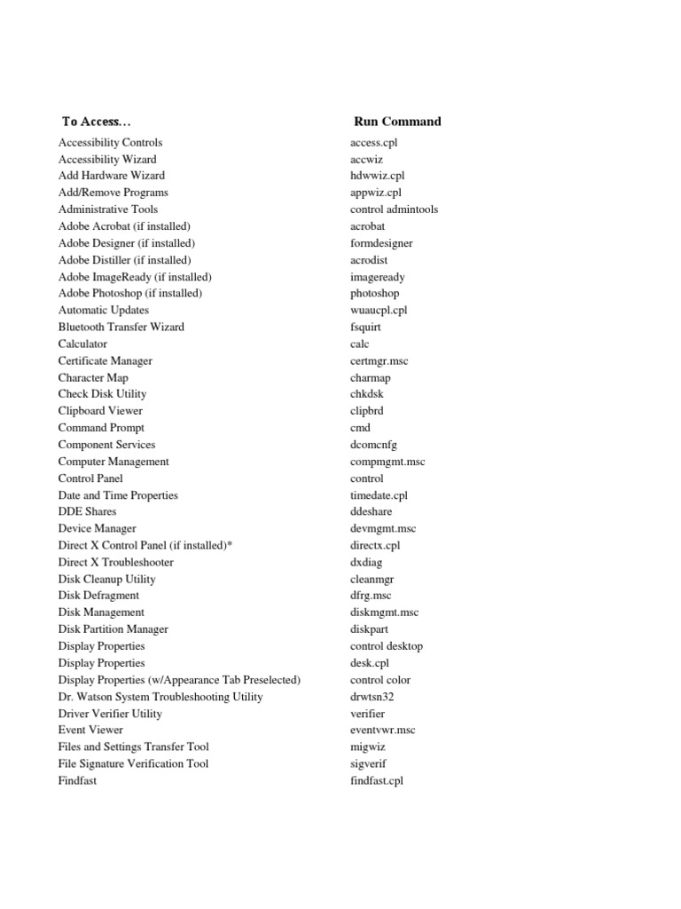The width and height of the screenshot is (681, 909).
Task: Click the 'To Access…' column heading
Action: (x=102, y=122)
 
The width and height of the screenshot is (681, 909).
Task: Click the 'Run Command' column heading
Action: (x=397, y=122)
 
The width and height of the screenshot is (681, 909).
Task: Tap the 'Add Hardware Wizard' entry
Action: (x=112, y=176)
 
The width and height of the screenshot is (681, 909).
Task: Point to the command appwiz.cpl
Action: (x=376, y=193)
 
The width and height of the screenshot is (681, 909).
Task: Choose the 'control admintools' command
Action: (x=394, y=209)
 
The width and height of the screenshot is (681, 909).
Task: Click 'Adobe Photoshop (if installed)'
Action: (x=130, y=293)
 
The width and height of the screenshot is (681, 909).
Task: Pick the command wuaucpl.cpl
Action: (x=379, y=310)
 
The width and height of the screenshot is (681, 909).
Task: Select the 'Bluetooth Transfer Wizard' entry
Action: (x=121, y=327)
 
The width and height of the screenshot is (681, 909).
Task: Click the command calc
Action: (x=360, y=344)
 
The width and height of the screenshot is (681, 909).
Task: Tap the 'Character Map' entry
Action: (x=93, y=377)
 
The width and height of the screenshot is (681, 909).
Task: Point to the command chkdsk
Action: (x=367, y=394)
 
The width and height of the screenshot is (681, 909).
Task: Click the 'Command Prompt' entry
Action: (x=101, y=428)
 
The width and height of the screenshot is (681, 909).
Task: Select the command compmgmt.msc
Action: (x=387, y=462)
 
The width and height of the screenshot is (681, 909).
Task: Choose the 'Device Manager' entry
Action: (x=98, y=528)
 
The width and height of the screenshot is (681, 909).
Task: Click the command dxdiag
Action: (x=366, y=562)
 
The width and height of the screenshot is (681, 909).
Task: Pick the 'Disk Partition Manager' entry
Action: (x=113, y=629)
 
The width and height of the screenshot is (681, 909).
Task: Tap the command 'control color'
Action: (x=380, y=680)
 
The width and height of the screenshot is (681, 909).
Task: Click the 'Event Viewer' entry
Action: (x=90, y=730)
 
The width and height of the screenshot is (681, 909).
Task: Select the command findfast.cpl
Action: (x=377, y=781)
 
